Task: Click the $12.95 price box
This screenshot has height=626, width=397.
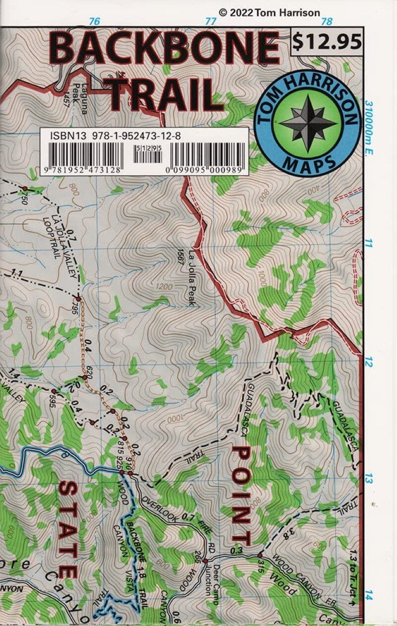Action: [327, 42]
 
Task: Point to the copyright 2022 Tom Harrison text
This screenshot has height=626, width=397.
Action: [269, 13]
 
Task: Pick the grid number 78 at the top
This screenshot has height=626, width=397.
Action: [327, 21]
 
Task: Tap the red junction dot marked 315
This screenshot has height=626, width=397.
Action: [260, 556]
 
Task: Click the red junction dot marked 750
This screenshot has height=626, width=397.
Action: [24, 188]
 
